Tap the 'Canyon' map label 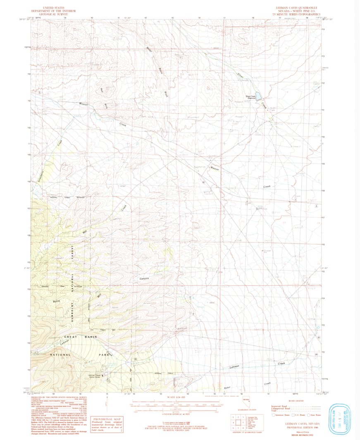[x=143, y=279]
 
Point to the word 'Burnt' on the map [x=57, y=301]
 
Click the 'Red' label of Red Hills [x=102, y=90]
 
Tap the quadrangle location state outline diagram [x=247, y=401]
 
